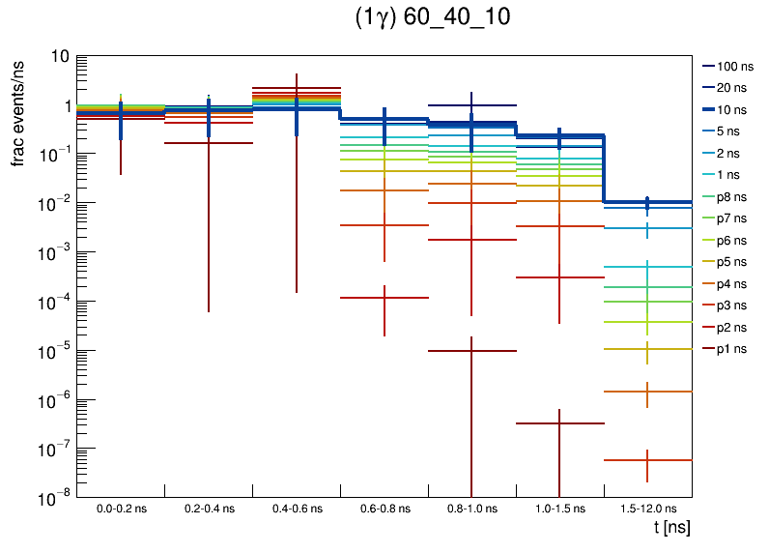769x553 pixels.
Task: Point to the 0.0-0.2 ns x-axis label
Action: [121, 509]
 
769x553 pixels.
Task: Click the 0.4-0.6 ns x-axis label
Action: [297, 509]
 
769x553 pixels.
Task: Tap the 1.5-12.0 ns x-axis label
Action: [647, 509]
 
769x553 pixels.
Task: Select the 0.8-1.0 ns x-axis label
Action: [471, 509]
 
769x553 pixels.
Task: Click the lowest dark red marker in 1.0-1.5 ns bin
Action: [559, 423]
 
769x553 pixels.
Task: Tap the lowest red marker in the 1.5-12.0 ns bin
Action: [647, 460]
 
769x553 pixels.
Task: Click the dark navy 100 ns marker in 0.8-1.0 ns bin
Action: [471, 105]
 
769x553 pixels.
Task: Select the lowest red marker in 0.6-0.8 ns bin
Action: [384, 298]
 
